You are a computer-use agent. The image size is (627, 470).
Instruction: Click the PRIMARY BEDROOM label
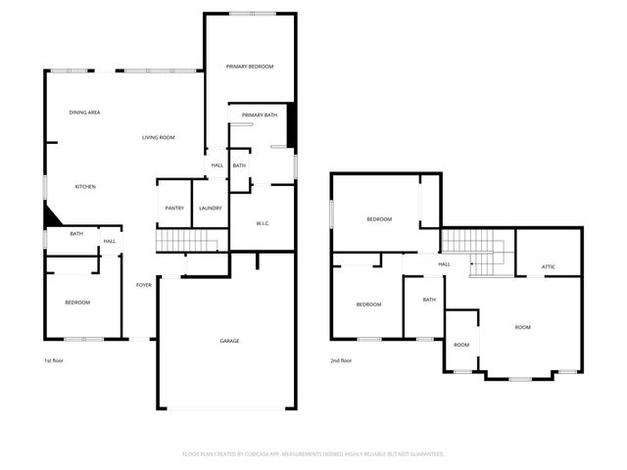click(x=250, y=67)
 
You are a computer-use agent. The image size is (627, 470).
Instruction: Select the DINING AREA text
click(x=84, y=113)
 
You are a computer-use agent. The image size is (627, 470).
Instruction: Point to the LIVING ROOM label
click(x=158, y=137)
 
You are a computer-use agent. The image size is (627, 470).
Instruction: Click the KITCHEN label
click(x=86, y=186)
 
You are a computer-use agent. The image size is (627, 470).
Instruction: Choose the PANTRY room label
click(x=174, y=208)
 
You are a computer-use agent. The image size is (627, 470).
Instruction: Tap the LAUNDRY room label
click(x=210, y=208)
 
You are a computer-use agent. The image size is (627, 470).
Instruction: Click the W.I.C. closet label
click(x=263, y=223)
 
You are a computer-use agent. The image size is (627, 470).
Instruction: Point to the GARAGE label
click(x=229, y=341)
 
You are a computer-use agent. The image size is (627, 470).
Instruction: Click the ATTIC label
click(x=550, y=267)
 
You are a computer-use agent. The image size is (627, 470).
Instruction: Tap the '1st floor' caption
click(x=54, y=361)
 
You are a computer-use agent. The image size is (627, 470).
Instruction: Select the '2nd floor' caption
click(x=341, y=361)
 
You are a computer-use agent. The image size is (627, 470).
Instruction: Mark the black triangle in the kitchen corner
click(x=51, y=216)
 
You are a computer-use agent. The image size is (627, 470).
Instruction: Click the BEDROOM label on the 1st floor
click(x=77, y=303)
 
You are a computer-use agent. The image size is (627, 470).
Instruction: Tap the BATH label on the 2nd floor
click(x=429, y=301)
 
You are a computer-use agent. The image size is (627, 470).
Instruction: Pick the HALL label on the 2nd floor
click(x=444, y=264)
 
